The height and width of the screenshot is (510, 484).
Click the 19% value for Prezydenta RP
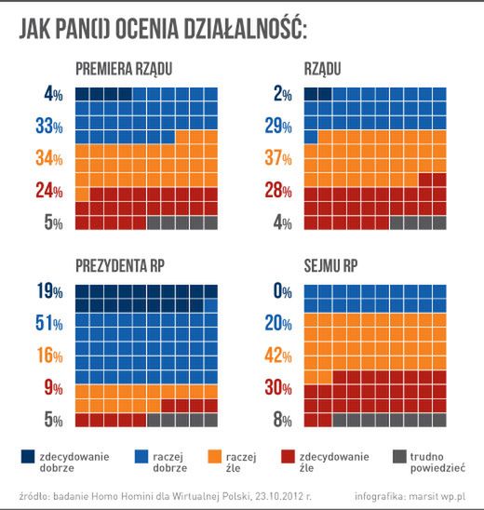(x=47, y=291)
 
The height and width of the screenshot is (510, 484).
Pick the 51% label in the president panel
(x=47, y=323)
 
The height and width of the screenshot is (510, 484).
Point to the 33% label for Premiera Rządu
(x=47, y=125)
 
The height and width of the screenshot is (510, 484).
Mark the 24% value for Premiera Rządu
(x=47, y=191)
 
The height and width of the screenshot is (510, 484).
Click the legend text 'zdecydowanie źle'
(x=332, y=463)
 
